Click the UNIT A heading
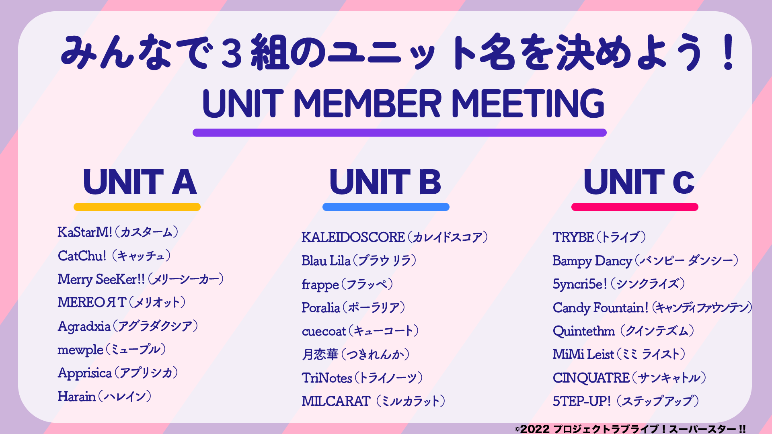140,182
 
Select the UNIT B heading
385,182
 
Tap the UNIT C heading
639,182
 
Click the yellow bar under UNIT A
137,207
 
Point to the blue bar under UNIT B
386,207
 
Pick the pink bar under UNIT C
635,207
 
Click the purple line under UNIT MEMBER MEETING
400,133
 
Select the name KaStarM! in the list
85,232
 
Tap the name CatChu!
82,256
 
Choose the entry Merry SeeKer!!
101,279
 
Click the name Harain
77,397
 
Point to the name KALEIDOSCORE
353,237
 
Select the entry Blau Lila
326,261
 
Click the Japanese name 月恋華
320,354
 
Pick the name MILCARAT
336,401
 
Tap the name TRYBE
573,237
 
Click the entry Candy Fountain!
601,308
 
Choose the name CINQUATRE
591,378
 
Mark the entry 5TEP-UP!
582,401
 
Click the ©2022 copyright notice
630,429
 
